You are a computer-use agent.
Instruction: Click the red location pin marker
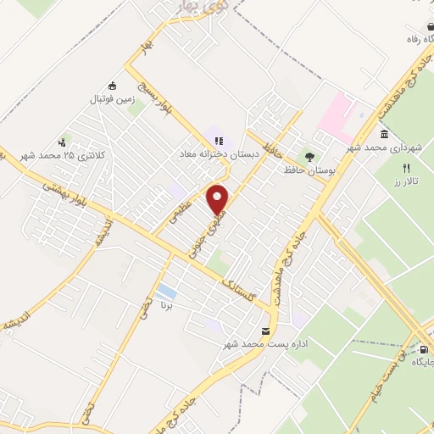coord(218,198)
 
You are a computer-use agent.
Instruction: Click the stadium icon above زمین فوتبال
coord(112,86)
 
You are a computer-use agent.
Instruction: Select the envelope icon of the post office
coord(266,331)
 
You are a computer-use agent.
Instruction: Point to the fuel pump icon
coord(424,348)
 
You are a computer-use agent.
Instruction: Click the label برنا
coord(167,305)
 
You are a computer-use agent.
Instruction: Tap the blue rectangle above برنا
coord(167,292)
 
